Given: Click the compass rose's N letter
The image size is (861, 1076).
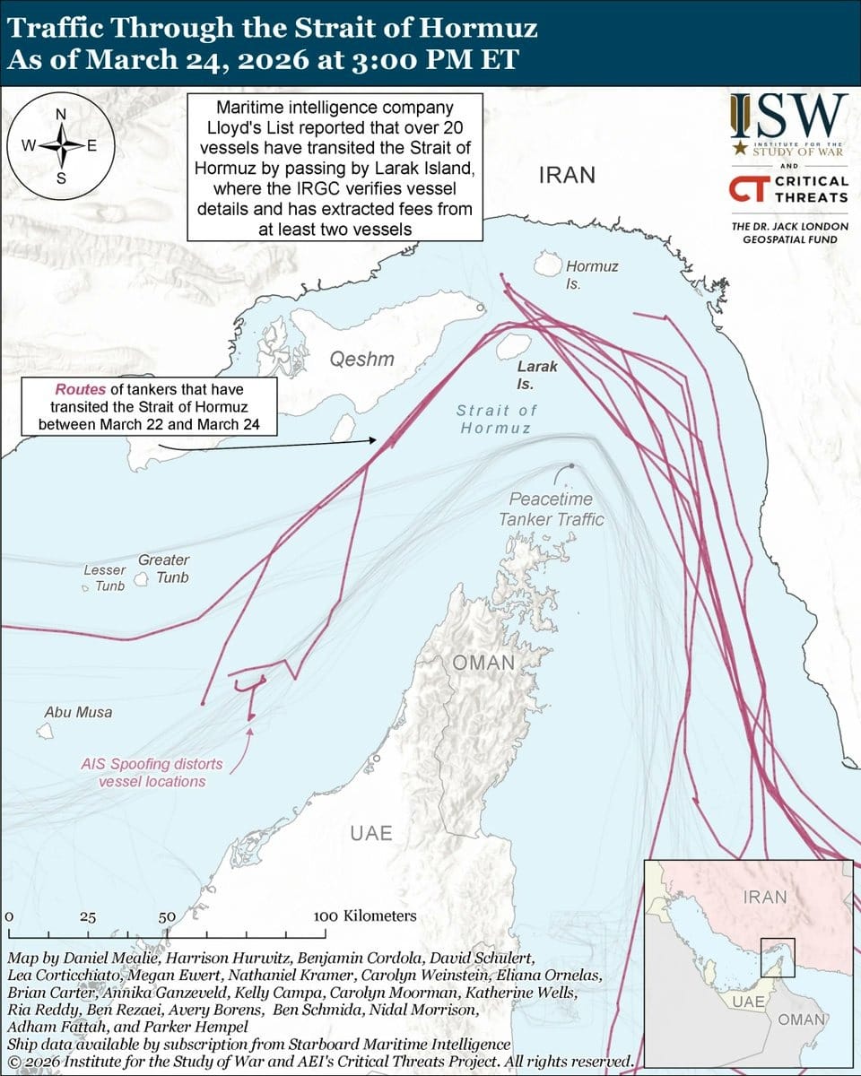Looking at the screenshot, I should (61, 114).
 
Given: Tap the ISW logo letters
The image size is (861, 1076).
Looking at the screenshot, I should (788, 116).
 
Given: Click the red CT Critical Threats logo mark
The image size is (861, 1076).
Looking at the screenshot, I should (746, 188).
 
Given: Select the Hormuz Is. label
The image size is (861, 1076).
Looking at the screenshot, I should (591, 274).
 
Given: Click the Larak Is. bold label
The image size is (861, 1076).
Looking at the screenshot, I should (537, 375).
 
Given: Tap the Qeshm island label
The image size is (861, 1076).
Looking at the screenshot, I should (361, 360).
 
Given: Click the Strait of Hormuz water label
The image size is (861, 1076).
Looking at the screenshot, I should (496, 419).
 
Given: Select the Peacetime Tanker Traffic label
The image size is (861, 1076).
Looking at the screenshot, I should (551, 508).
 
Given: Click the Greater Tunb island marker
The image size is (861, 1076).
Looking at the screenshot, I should (141, 580).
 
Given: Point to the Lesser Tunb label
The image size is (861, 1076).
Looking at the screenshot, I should (105, 577).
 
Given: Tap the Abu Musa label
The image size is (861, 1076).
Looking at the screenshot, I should (78, 712).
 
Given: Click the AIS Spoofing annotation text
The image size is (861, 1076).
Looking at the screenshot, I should (152, 773).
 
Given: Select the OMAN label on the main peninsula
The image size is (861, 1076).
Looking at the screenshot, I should (483, 663).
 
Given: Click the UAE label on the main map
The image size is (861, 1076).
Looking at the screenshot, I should (371, 833).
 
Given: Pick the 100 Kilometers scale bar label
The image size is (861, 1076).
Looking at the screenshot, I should (365, 916).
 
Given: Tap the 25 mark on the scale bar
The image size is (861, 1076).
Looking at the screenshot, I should (88, 917).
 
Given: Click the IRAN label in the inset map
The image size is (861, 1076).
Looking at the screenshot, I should (765, 897).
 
